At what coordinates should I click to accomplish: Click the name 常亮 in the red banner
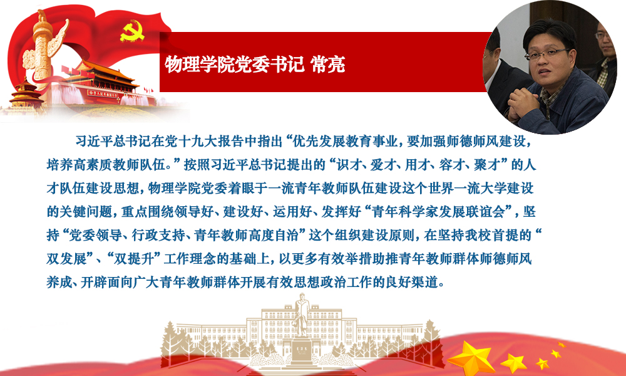pos(328,64)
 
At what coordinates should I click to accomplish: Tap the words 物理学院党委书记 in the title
pos(234,64)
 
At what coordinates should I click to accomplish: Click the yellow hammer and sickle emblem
pos(132,31)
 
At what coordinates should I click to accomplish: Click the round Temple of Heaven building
pos(26,94)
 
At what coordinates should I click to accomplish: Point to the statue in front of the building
pos(302,316)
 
